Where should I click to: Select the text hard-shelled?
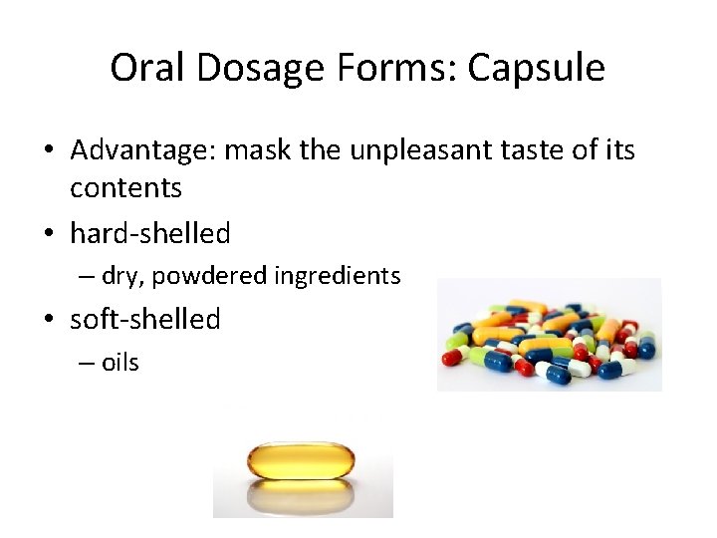pyautogui.click(x=150, y=233)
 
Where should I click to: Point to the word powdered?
pyautogui.click(x=209, y=276)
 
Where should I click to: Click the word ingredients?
pyautogui.click(x=336, y=276)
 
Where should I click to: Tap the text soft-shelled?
pyautogui.click(x=145, y=319)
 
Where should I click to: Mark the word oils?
pyautogui.click(x=120, y=362)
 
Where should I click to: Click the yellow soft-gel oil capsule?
pyautogui.click(x=303, y=460)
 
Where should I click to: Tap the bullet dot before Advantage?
pyautogui.click(x=49, y=152)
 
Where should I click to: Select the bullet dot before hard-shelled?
pyautogui.click(x=49, y=234)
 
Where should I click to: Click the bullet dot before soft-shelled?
pyautogui.click(x=49, y=320)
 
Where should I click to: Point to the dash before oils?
pyautogui.click(x=86, y=363)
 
